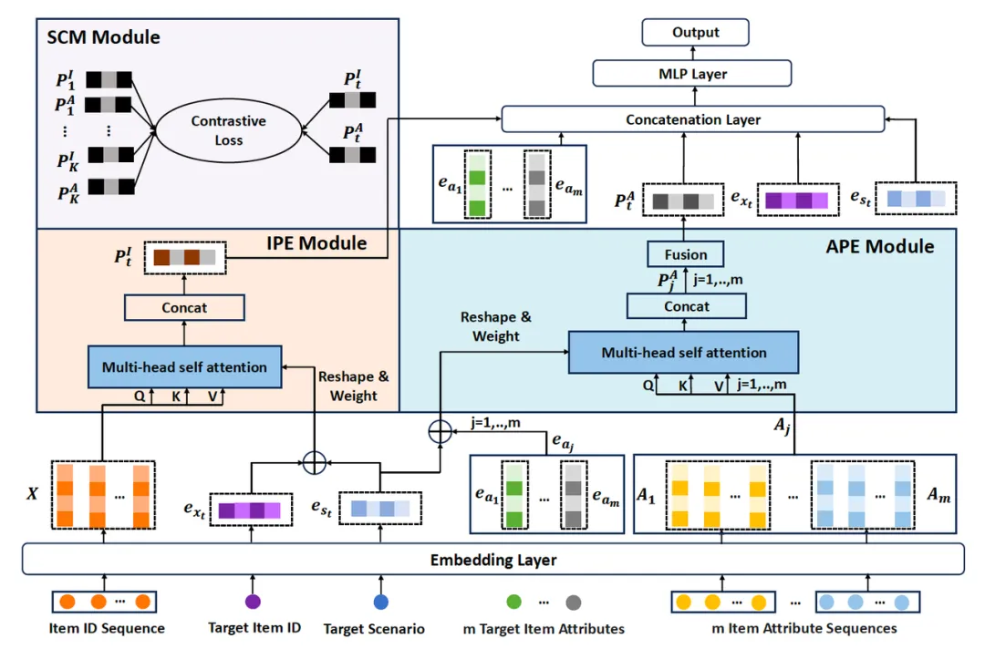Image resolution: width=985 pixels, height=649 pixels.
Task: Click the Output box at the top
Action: point(696,33)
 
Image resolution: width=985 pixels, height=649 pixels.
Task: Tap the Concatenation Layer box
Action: point(693,119)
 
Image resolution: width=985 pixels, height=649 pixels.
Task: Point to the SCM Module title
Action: point(103,37)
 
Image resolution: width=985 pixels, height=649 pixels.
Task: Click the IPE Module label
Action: point(316,243)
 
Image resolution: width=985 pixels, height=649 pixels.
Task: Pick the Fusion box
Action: point(687,254)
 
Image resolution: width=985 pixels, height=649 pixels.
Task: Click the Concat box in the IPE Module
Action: point(185,307)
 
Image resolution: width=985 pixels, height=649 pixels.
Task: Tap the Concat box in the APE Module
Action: point(687,307)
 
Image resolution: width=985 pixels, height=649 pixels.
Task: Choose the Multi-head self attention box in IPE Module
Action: point(185,366)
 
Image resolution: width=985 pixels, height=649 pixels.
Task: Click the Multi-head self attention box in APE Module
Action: point(683,352)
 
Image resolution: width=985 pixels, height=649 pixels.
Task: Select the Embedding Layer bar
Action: point(493,560)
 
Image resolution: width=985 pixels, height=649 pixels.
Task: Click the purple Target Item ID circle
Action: point(253,602)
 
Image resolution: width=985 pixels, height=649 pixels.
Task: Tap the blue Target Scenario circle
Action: point(381,602)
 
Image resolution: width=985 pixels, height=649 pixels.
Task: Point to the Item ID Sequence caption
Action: point(108,628)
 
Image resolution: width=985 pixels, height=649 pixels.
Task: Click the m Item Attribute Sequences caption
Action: point(804,628)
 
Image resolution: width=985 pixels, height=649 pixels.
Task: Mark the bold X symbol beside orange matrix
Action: point(33,493)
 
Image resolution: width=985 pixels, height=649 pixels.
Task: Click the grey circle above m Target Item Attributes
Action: point(573,602)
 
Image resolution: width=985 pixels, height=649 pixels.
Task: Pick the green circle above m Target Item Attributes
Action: point(513,602)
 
